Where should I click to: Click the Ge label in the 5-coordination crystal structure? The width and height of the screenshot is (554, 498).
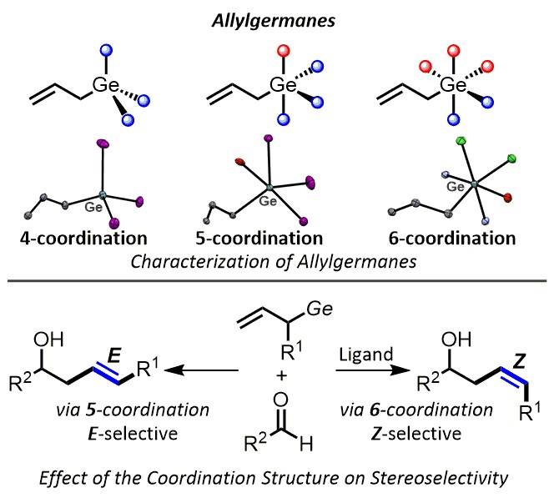coord(268,200)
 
